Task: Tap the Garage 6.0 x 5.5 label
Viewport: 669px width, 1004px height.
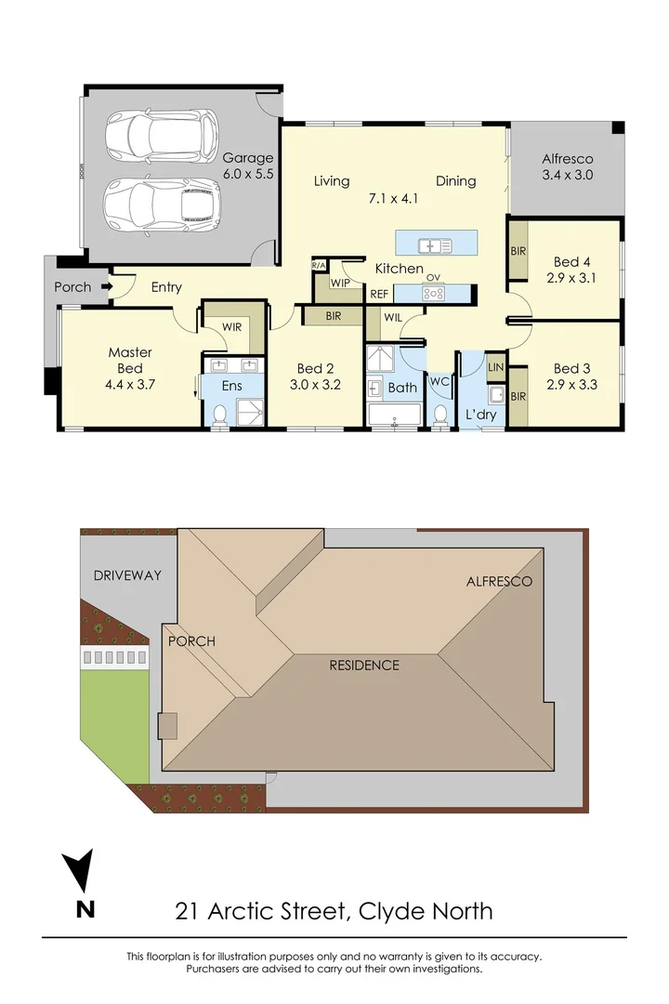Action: (x=248, y=165)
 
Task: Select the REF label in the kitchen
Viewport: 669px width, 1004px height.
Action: (x=379, y=294)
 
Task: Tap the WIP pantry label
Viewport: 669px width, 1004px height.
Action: (x=340, y=283)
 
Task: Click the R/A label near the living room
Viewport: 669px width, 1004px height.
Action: (x=319, y=266)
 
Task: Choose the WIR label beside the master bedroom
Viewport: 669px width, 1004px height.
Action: (x=231, y=326)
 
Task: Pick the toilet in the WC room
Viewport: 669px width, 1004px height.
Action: (x=441, y=413)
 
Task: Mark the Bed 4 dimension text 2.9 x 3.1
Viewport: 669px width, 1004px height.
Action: (x=572, y=277)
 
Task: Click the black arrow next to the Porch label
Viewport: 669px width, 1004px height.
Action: (x=107, y=287)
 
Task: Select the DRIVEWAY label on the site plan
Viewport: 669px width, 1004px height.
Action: (x=127, y=575)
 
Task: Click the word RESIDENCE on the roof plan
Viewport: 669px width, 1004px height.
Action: (x=364, y=665)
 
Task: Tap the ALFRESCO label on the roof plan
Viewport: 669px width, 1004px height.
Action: (x=499, y=581)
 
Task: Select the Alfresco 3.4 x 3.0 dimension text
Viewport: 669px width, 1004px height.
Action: (x=568, y=175)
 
